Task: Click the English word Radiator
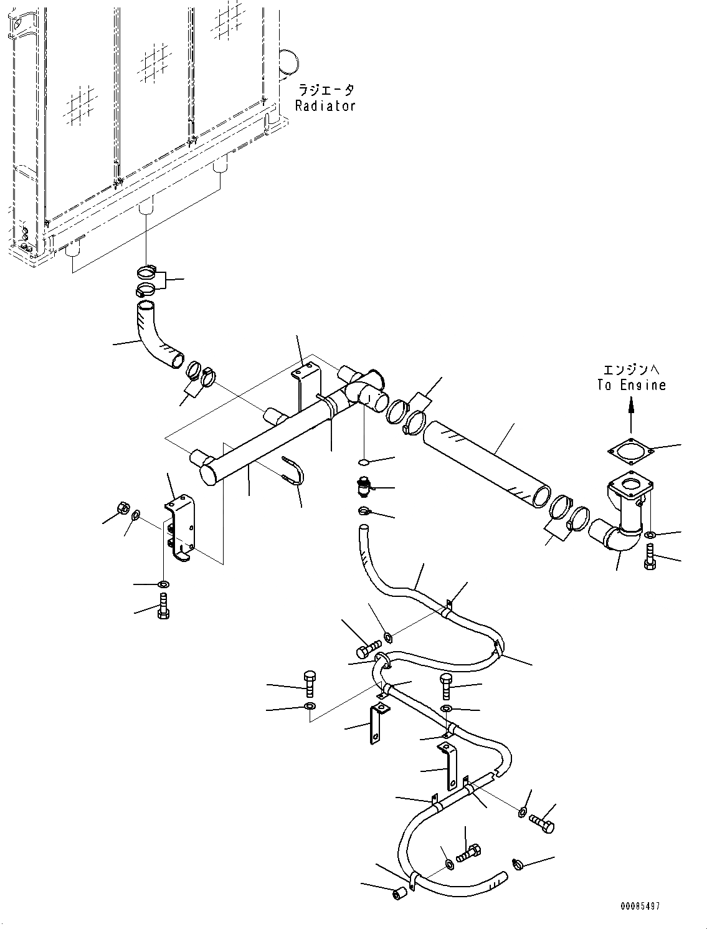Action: coord(325,106)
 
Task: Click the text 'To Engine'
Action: coord(631,385)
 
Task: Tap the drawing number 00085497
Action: coord(639,906)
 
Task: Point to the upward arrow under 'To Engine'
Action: coord(631,414)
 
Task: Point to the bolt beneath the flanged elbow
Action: coord(650,556)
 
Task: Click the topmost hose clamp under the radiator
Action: coord(148,272)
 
